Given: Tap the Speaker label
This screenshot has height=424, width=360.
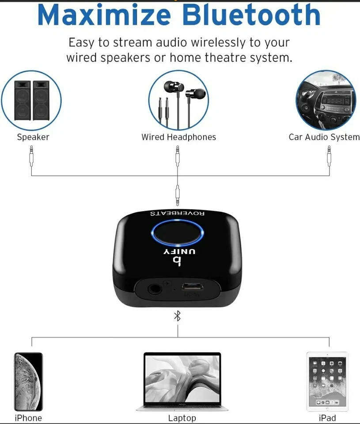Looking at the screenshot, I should pyautogui.click(x=33, y=137).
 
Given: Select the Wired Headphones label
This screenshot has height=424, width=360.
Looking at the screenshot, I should pyautogui.click(x=178, y=137).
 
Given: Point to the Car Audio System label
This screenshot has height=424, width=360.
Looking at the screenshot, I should pyautogui.click(x=324, y=137).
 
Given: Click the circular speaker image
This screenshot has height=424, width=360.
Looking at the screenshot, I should pyautogui.click(x=31, y=100).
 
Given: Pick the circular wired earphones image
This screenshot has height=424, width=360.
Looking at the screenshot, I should pyautogui.click(x=178, y=100).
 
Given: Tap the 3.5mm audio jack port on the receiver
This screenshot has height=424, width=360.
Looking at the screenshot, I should pyautogui.click(x=155, y=290).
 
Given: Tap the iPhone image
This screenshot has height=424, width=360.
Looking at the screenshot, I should pyautogui.click(x=28, y=382).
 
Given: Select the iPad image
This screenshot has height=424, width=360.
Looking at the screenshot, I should pyautogui.click(x=327, y=382).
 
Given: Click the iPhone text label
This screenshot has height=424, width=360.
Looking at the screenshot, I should pyautogui.click(x=28, y=418).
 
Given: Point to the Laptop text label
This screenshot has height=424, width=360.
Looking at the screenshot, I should pyautogui.click(x=182, y=418).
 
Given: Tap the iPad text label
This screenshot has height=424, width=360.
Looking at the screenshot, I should pyautogui.click(x=327, y=418).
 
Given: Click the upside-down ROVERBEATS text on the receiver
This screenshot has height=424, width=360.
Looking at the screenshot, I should pyautogui.click(x=178, y=213).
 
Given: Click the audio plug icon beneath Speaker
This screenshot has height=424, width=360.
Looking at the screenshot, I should pyautogui.click(x=31, y=157).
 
